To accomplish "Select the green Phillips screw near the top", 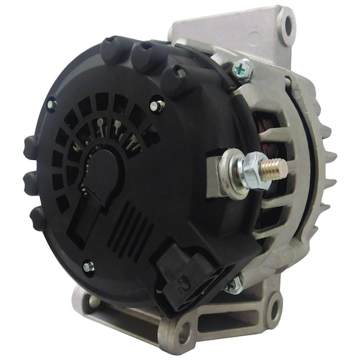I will click(243, 69).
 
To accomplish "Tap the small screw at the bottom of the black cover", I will click(88, 265).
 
